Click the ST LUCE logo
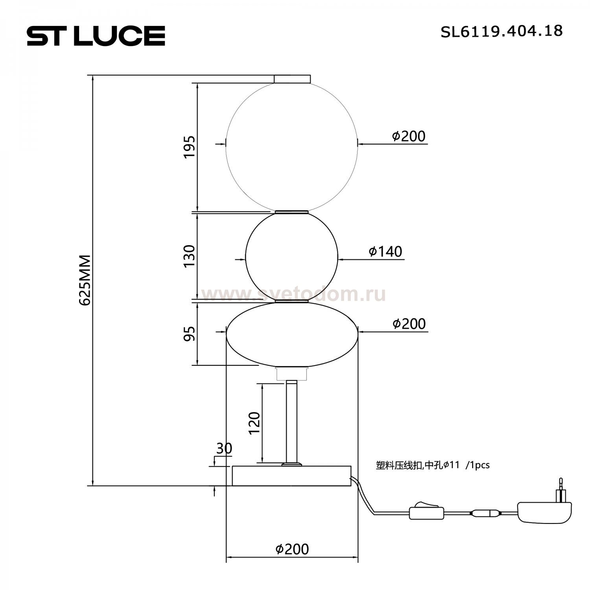96,36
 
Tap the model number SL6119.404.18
501,31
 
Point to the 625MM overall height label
85,280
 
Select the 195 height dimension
189,147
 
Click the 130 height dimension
189,256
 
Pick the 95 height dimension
189,334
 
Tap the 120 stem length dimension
254,423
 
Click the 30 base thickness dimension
224,448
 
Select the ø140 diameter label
385,251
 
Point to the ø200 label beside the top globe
409,136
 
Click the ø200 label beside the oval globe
409,324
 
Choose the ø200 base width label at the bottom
292,549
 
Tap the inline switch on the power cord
426,513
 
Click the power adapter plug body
544,512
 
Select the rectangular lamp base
291,476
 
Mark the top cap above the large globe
292,79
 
